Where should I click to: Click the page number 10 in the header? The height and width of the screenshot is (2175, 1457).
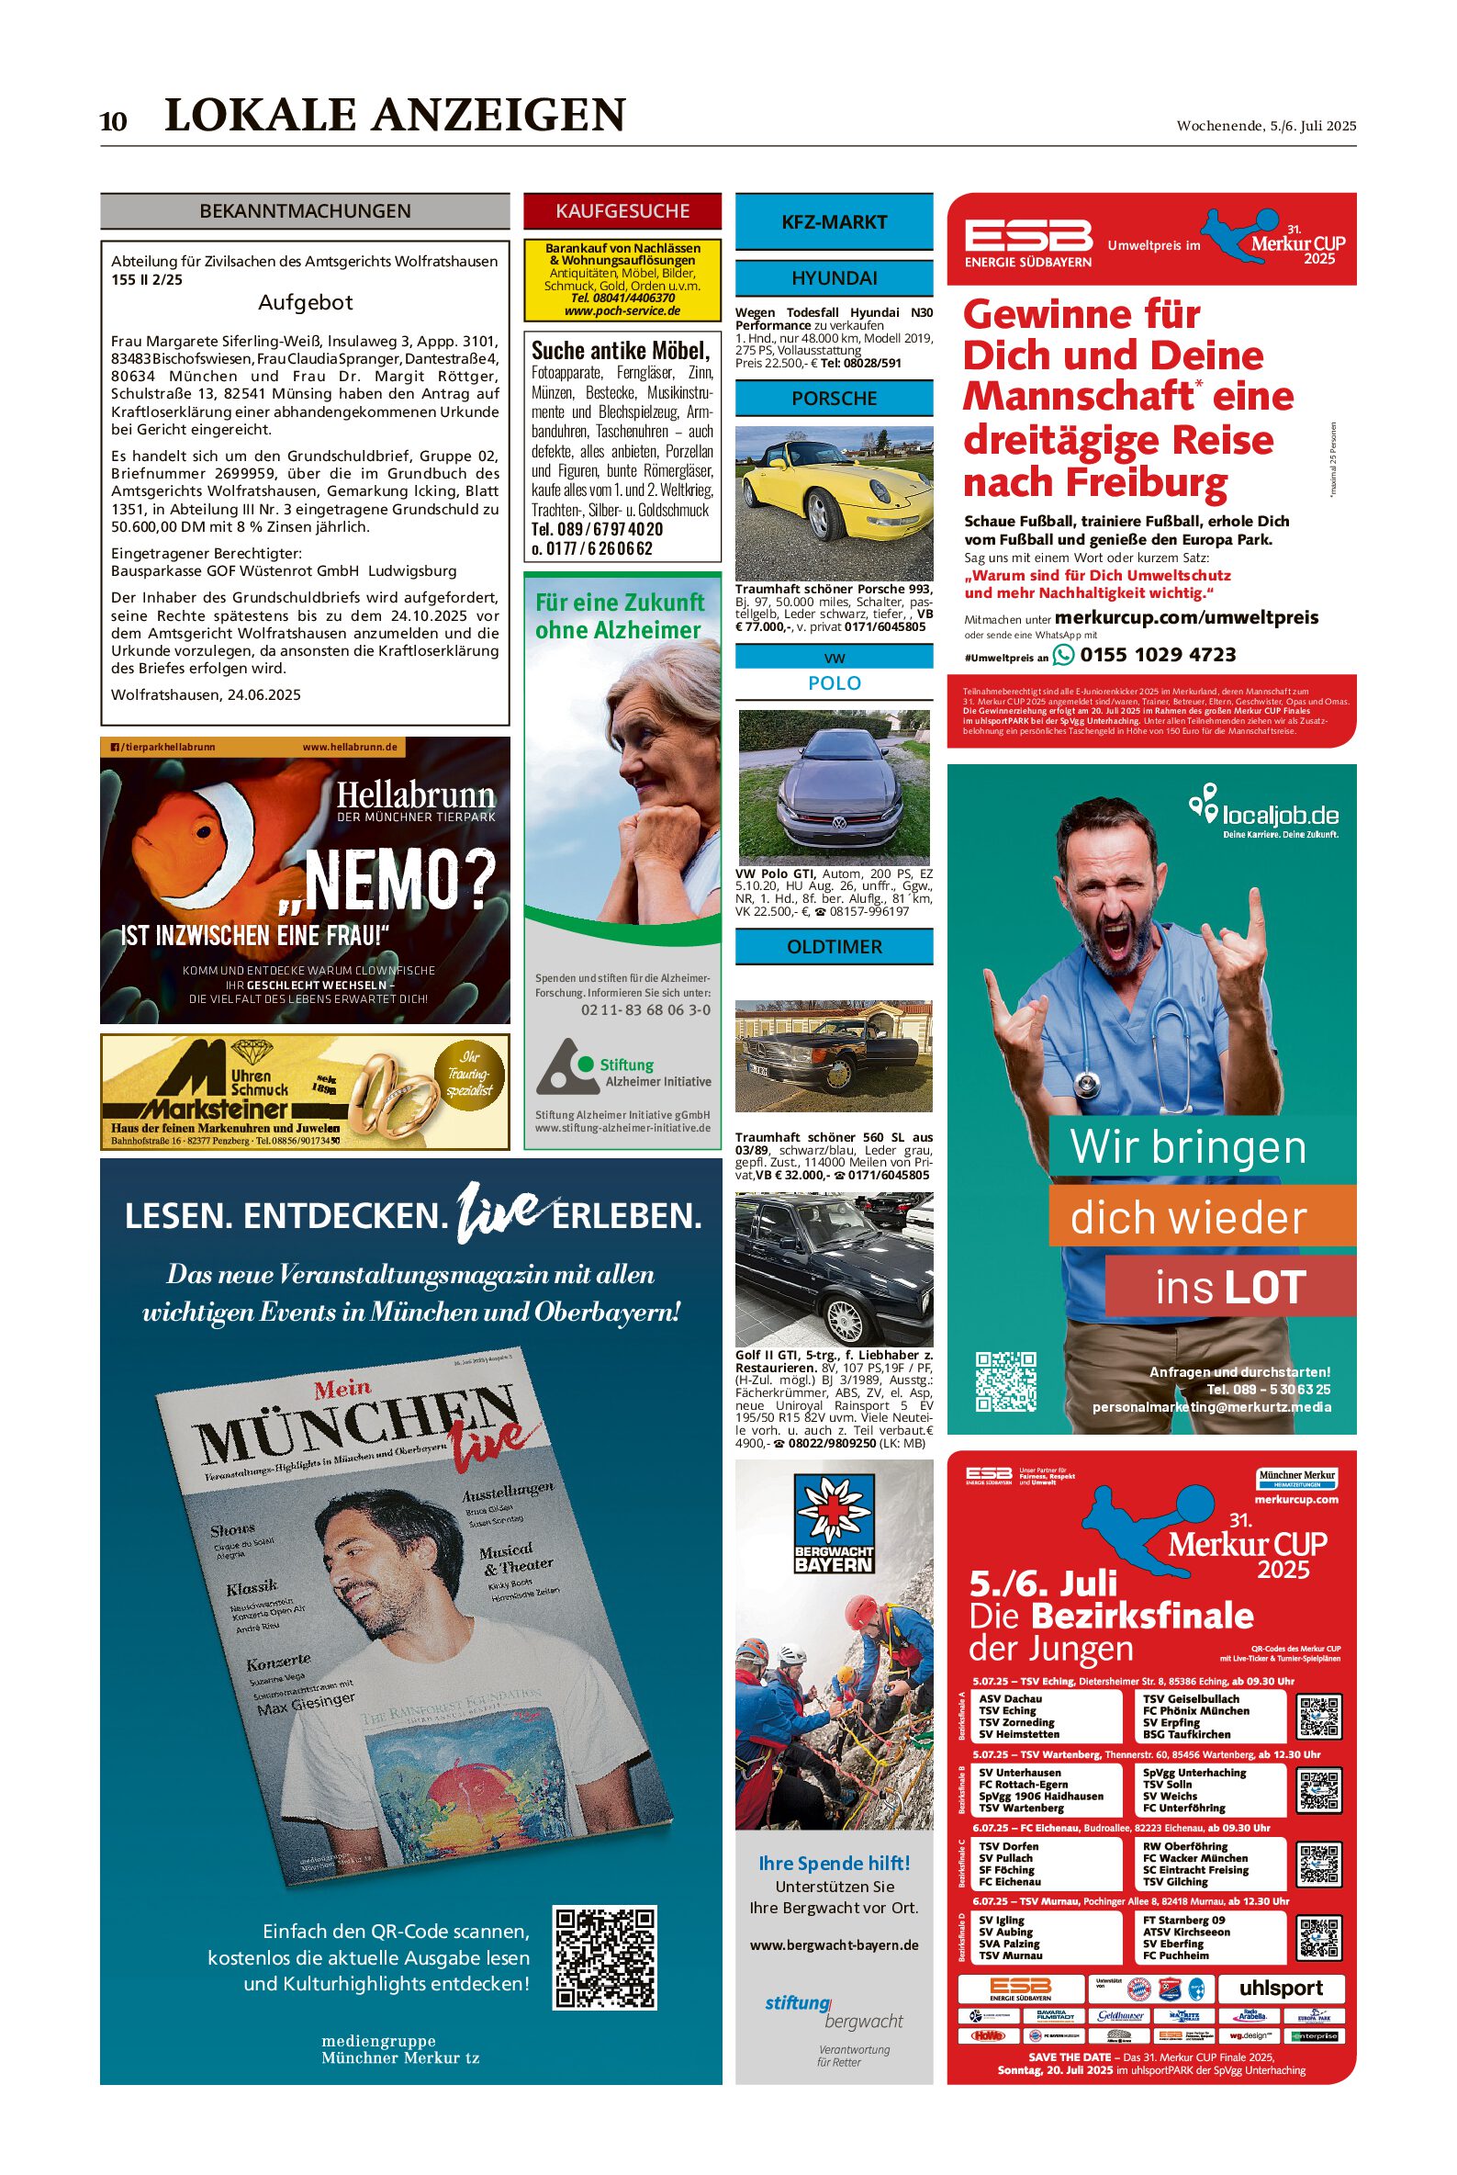(x=113, y=122)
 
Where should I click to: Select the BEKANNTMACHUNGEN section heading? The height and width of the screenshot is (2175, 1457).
(x=305, y=211)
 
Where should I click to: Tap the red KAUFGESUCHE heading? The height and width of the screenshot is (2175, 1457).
(x=622, y=211)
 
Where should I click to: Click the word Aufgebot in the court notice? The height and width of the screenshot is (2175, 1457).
(x=305, y=302)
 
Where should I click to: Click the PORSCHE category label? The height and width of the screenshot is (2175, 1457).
(x=834, y=398)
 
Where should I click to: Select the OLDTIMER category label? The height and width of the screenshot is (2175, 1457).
(x=834, y=946)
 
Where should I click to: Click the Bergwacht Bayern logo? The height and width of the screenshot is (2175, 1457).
(x=834, y=1541)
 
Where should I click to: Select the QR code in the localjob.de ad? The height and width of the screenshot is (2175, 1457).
(x=1005, y=1381)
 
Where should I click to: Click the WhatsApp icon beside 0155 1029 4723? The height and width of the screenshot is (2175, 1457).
(x=1063, y=654)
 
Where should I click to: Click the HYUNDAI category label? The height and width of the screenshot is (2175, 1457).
(x=834, y=278)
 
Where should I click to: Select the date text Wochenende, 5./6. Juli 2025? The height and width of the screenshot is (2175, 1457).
(x=1266, y=126)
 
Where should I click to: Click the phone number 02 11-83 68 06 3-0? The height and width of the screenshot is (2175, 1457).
(x=644, y=1009)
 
